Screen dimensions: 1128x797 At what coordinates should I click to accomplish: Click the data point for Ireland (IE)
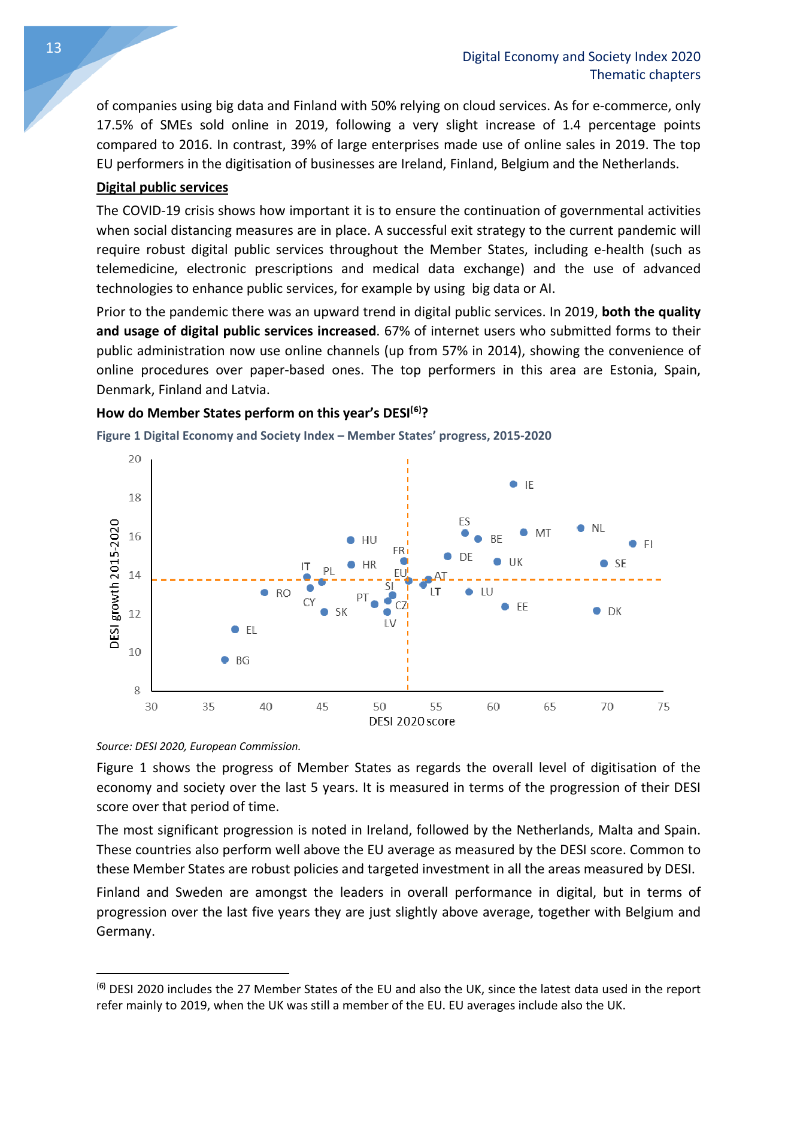[x=513, y=484]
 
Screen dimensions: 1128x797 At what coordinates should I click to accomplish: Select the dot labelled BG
[x=225, y=660]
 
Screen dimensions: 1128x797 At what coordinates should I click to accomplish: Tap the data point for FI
[x=632, y=544]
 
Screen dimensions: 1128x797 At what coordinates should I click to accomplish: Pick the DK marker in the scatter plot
[x=596, y=611]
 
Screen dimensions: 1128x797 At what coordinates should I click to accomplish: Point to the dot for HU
[x=351, y=540]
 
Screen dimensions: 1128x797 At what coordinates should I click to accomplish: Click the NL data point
[x=580, y=528]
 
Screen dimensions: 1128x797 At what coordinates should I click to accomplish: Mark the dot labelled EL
[x=235, y=630]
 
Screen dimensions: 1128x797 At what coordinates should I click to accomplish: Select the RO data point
[x=264, y=592]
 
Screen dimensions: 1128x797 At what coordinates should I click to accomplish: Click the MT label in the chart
[x=543, y=533]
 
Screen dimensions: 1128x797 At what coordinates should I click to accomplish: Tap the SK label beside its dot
[x=341, y=612]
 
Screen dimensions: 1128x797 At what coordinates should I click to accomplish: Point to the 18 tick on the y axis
[x=135, y=498]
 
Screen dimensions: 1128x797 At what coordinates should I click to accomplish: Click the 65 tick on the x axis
[x=550, y=707]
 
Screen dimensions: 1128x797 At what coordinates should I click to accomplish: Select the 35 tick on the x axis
[x=208, y=707]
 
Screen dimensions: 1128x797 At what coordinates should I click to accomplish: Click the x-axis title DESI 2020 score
[x=412, y=722]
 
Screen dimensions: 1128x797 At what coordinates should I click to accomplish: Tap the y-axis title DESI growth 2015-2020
[x=114, y=583]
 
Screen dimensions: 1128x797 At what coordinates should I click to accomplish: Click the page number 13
[x=54, y=48]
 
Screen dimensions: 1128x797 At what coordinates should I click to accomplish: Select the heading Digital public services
[x=162, y=188]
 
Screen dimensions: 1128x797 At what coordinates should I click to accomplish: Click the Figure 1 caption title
[x=324, y=436]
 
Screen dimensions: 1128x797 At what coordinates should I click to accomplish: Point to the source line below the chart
[x=198, y=746]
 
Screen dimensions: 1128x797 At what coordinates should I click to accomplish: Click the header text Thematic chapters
[x=645, y=75]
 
